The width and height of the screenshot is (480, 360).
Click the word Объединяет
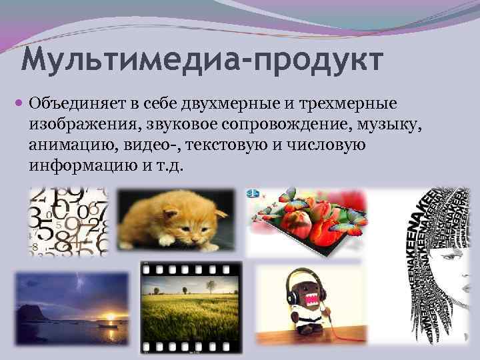click(x=75, y=104)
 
